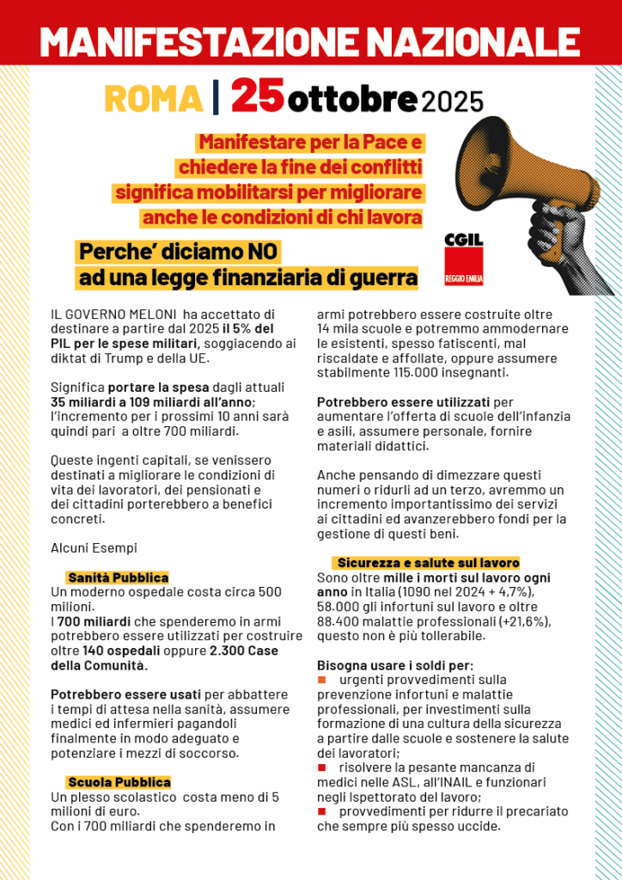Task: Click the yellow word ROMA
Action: [153, 99]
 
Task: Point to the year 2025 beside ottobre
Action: [453, 101]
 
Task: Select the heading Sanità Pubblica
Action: [118, 577]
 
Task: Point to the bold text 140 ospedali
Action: [128, 651]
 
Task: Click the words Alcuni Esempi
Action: [94, 547]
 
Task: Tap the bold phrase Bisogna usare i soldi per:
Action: [394, 665]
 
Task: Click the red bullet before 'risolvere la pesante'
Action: [322, 767]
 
